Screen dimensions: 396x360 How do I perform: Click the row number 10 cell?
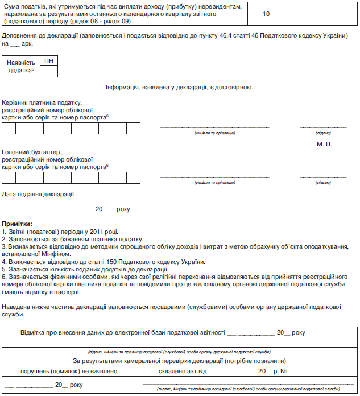pyautogui.click(x=266, y=13)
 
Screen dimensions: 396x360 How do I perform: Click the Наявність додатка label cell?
pyautogui.click(x=21, y=67)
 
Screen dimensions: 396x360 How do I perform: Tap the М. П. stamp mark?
pyautogui.click(x=324, y=143)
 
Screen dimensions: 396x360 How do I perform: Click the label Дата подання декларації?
pyautogui.click(x=38, y=194)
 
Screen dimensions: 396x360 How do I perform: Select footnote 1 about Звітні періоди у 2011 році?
pyautogui.click(x=60, y=232)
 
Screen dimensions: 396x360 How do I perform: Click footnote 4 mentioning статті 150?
pyautogui.click(x=103, y=261)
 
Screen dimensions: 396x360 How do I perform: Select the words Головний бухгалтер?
pyautogui.click(x=32, y=152)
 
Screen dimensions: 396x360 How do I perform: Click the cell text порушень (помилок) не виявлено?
pyautogui.click(x=69, y=371)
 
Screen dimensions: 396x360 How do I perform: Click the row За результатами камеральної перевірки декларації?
pyautogui.click(x=179, y=361)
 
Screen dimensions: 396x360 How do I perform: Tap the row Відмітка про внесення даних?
pyautogui.click(x=163, y=332)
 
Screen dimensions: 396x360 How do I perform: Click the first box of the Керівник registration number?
pyautogui.click(x=9, y=128)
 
